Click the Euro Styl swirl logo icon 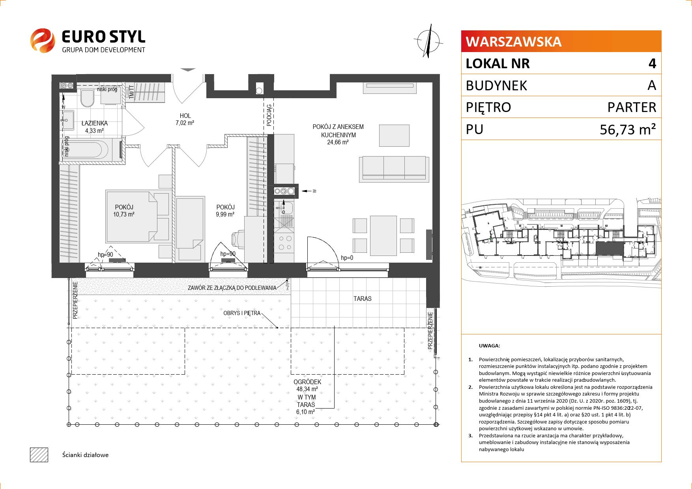tap(43, 40)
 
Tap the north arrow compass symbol tap(428, 41)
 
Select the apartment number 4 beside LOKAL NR tap(652, 63)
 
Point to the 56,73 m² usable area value tap(628, 129)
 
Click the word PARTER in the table tap(632, 107)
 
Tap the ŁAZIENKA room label tap(94, 123)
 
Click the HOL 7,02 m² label tap(185, 119)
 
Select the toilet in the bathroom tap(86, 98)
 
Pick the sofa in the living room tap(394, 169)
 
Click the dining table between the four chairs tap(383, 235)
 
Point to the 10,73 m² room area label tap(123, 215)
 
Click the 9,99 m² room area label tap(225, 215)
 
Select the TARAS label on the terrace tap(362, 299)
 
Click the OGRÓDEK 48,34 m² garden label tap(307, 385)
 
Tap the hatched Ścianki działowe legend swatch tap(39, 455)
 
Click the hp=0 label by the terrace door tap(347, 258)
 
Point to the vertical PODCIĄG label tap(269, 115)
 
